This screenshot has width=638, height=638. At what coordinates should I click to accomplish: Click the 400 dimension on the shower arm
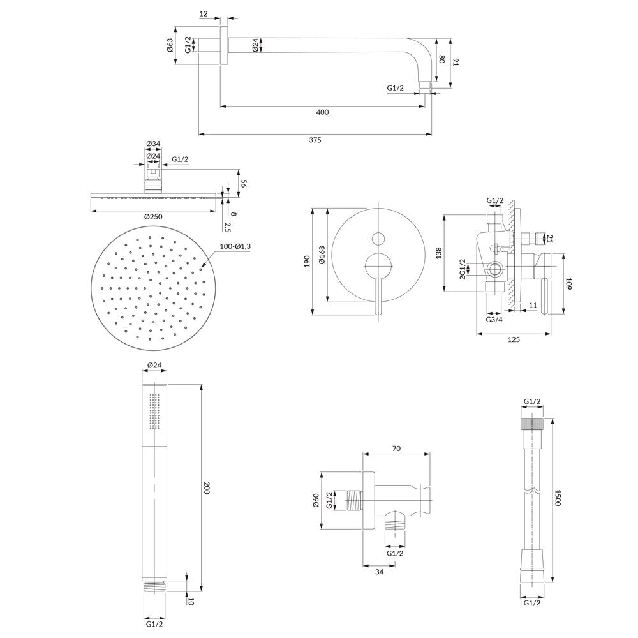322,112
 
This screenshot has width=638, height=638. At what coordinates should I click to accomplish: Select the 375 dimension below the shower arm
315,140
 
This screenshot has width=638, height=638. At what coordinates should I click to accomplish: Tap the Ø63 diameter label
170,45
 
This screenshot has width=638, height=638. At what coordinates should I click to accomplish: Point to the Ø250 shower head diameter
153,216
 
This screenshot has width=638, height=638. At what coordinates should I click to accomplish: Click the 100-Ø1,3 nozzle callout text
235,246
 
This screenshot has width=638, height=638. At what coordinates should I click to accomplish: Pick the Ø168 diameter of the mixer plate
322,255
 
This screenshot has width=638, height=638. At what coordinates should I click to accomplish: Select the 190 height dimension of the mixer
308,261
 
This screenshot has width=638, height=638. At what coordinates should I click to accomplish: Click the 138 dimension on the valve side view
438,253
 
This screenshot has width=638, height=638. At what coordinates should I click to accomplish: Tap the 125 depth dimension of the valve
514,339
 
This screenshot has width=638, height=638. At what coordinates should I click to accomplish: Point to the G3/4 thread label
494,320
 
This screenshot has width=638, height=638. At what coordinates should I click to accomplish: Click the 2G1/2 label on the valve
462,269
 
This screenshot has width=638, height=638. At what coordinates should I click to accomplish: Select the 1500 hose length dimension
557,498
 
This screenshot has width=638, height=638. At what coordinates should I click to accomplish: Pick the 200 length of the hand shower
206,488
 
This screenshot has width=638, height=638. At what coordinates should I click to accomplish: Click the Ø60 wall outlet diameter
316,500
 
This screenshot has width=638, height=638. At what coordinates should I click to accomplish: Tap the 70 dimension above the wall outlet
396,449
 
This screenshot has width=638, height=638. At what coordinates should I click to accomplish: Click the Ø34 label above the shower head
153,144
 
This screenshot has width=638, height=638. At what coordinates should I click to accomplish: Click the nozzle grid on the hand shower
153,412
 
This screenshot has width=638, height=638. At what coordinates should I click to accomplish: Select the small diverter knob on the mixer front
378,239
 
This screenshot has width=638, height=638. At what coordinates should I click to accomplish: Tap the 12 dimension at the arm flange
204,14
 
